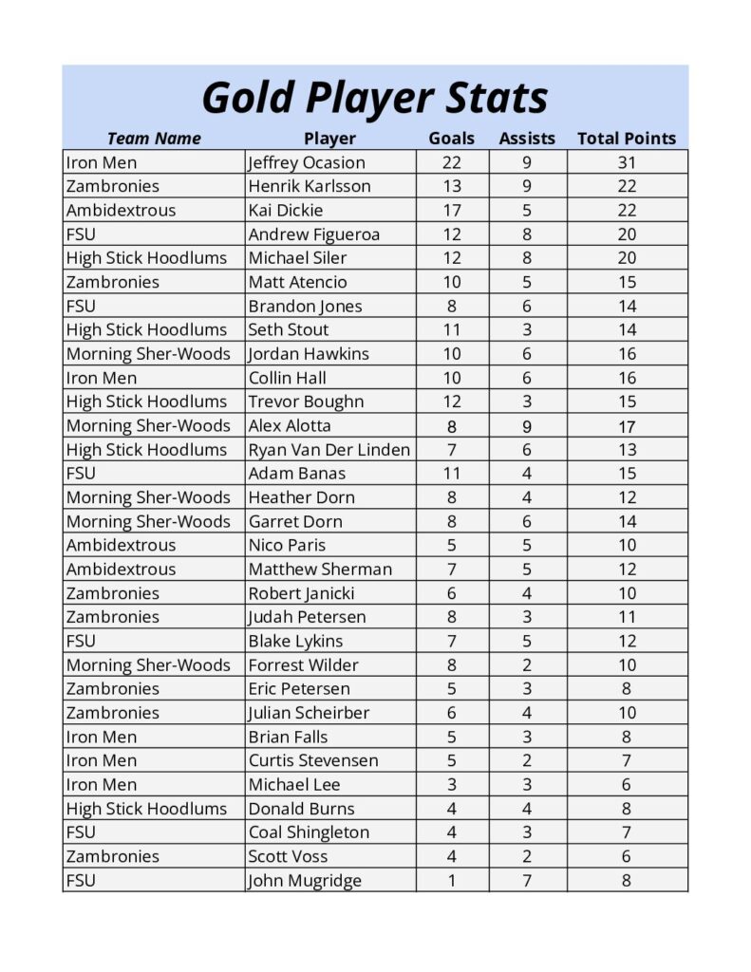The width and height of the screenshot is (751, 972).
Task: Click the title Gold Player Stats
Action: (375, 98)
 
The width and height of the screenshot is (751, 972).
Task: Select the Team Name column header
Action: (154, 139)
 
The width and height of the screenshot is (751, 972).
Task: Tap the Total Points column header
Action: (627, 139)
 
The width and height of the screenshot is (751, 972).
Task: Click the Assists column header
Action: (527, 139)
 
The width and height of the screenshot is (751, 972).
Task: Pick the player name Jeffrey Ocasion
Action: (307, 162)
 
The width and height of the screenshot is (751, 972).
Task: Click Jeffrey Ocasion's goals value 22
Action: (452, 162)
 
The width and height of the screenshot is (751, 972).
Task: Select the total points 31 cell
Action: (627, 162)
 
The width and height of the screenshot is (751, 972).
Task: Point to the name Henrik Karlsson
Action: (310, 186)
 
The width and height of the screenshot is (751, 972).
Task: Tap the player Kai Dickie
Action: (286, 210)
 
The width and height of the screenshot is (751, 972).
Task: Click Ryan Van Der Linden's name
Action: (329, 449)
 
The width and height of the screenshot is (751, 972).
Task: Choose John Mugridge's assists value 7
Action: (527, 880)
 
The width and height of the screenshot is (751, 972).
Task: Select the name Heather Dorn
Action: (302, 497)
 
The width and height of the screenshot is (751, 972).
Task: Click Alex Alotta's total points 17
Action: (627, 426)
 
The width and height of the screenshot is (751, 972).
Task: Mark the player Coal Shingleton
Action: (309, 832)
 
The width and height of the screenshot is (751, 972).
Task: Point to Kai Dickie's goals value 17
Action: (452, 210)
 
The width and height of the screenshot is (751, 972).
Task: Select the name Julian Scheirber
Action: (309, 713)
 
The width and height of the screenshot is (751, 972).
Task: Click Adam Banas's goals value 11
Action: (452, 473)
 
